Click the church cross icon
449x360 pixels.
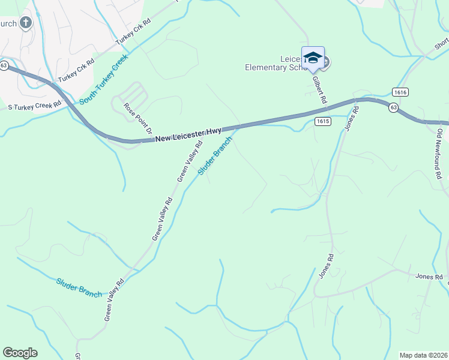point(25,23)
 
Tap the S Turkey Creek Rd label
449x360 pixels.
point(34,106)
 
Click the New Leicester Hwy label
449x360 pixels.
point(188,134)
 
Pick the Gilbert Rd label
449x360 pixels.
point(322,89)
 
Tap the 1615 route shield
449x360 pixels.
point(322,121)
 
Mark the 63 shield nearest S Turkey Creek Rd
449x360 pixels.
point(4,65)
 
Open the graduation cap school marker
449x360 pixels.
point(313,58)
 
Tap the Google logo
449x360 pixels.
point(20,353)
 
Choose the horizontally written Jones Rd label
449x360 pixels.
point(429,277)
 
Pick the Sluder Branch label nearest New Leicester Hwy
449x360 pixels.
point(214,157)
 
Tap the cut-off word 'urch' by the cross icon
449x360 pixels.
point(8,23)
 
